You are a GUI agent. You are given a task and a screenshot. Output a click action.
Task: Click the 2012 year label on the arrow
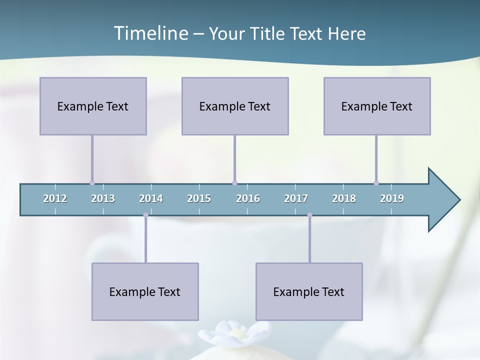[x=55, y=198]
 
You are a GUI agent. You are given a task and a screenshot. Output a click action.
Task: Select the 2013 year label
[x=103, y=198]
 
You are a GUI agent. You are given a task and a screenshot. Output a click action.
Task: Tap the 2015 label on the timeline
[x=199, y=198]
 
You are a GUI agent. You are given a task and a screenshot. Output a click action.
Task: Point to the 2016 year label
[x=248, y=198]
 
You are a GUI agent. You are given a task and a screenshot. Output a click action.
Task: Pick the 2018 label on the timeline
[x=344, y=198]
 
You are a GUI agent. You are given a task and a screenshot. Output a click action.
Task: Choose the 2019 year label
[x=392, y=198]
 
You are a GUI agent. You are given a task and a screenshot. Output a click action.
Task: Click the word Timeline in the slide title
[x=150, y=33]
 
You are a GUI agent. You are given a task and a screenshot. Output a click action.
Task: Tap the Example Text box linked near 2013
[x=93, y=106]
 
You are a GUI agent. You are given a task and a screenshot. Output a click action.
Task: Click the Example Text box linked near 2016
[x=235, y=106]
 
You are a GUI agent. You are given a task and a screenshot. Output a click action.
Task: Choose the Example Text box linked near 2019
[x=377, y=106]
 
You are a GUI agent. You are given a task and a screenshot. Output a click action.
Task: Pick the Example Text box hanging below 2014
[x=145, y=291]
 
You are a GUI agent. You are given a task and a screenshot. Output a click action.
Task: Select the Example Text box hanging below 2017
[x=309, y=291]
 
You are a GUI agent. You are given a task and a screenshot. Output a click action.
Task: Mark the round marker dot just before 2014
[x=145, y=215]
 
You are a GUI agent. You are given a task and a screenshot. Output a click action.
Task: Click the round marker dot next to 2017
[x=309, y=215]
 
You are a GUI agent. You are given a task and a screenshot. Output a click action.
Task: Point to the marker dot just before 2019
[x=376, y=183]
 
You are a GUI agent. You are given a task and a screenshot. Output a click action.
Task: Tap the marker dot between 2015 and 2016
[x=234, y=183]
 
